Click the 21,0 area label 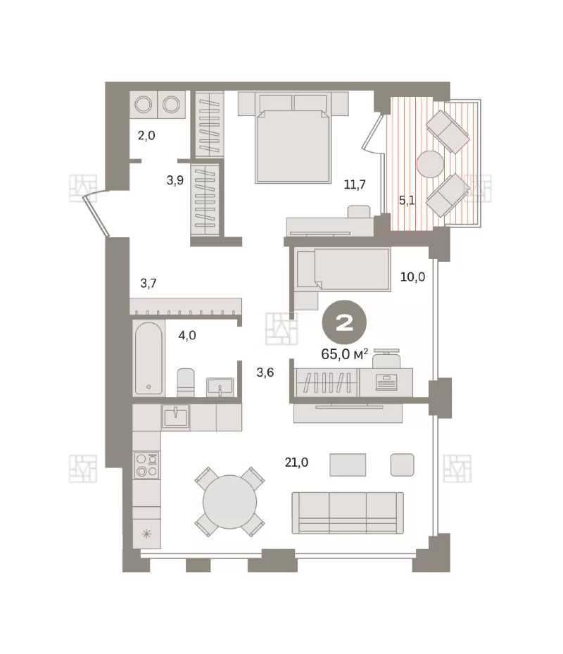296,462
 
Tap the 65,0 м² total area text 344,354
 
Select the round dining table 230,502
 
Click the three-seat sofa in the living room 348,512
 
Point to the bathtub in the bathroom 148,358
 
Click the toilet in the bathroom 186,382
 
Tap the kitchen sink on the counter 175,416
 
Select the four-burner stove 146,465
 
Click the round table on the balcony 430,164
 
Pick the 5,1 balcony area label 407,201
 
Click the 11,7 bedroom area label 355,184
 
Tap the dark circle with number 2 344,322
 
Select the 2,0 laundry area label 146,135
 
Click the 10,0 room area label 413,277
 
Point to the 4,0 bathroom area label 187,335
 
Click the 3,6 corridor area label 265,372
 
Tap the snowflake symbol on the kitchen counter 146,534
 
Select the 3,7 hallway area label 148,283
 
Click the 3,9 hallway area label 175,180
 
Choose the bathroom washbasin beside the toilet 220,387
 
